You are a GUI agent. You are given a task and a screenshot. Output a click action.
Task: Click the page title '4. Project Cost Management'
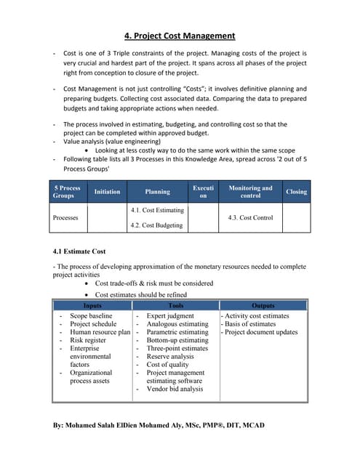click(x=180, y=36)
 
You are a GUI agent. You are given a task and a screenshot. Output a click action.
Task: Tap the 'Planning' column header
click(x=158, y=192)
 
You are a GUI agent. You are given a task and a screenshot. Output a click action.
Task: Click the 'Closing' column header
click(x=297, y=192)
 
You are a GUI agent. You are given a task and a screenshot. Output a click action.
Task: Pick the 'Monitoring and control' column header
click(x=250, y=192)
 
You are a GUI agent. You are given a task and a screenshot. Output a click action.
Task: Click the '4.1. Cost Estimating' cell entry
click(x=157, y=210)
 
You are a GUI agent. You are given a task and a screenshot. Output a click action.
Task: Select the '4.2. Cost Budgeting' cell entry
click(x=156, y=225)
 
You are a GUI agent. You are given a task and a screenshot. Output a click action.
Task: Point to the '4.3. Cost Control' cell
click(x=250, y=217)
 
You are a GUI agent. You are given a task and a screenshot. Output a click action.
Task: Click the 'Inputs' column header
click(x=92, y=306)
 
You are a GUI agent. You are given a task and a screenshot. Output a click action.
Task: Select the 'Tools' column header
click(x=176, y=306)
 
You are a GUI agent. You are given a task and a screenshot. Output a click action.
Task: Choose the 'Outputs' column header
click(x=263, y=306)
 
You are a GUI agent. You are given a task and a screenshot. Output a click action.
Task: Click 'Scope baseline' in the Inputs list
click(x=91, y=316)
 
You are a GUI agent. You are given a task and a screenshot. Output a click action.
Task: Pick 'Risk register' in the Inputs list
click(x=87, y=340)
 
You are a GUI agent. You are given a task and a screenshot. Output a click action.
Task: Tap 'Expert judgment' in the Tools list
click(x=170, y=316)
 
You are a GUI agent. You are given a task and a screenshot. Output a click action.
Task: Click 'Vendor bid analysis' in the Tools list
click(x=175, y=389)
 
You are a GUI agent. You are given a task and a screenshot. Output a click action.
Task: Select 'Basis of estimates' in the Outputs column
click(x=252, y=324)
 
